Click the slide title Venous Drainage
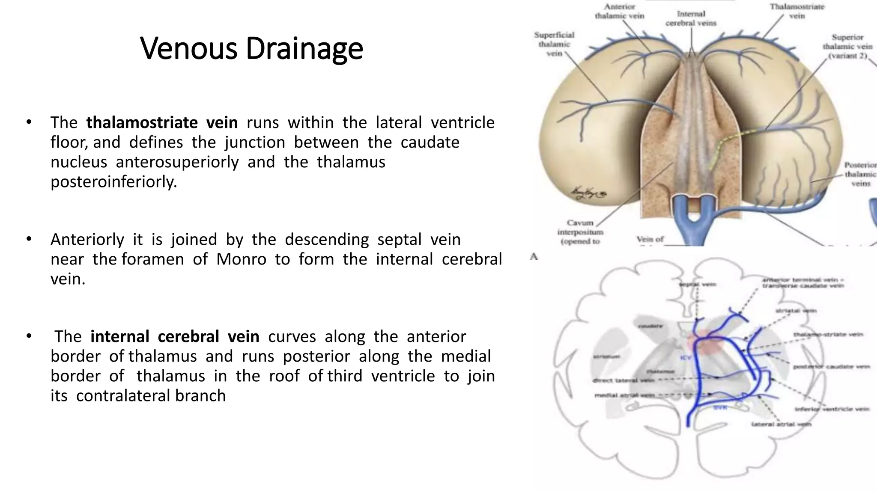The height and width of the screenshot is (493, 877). (251, 48)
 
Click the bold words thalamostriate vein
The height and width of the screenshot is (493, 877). (162, 123)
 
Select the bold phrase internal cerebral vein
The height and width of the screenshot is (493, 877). (175, 337)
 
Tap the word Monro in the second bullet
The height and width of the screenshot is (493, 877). (241, 259)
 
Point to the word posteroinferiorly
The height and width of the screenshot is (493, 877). (113, 182)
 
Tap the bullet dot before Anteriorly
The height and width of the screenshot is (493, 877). (29, 239)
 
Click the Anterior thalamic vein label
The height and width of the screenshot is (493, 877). (619, 12)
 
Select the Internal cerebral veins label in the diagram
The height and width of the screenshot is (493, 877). (691, 18)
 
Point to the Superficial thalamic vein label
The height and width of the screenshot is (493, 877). (554, 44)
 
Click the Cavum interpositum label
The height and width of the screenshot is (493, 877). (580, 232)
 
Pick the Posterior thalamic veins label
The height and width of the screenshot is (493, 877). (860, 174)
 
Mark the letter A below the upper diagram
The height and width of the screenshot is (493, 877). (534, 257)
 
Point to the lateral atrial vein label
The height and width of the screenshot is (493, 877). (782, 425)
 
